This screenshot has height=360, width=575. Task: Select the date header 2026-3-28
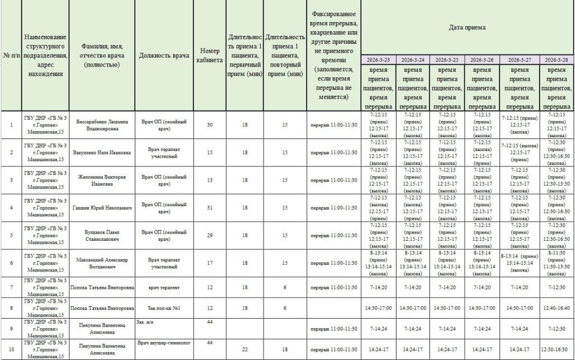pyautogui.click(x=557, y=60)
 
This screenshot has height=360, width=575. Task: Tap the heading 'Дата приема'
pyautogui.click(x=467, y=27)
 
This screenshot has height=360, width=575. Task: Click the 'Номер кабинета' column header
pyautogui.click(x=210, y=56)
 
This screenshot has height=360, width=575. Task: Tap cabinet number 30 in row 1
pyautogui.click(x=210, y=125)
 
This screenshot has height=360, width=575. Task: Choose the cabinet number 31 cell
pyautogui.click(x=210, y=208)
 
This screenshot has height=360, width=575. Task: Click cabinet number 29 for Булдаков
pyautogui.click(x=210, y=235)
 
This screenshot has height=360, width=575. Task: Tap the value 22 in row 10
pyautogui.click(x=244, y=350)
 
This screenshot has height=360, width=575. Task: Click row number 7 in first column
pyautogui.click(x=11, y=288)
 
